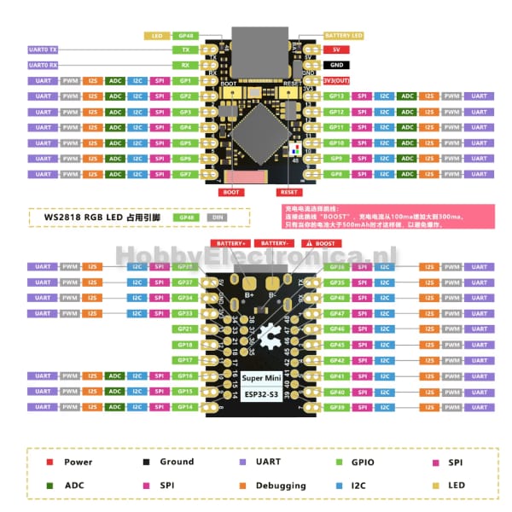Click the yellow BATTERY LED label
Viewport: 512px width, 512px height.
pos(344,36)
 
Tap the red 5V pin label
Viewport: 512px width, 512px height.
pos(336,49)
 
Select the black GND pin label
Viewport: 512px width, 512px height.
pos(336,65)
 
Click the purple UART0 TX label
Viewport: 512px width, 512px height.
pos(43,50)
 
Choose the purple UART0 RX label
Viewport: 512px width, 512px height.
pos(43,65)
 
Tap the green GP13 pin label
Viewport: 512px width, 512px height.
pos(336,96)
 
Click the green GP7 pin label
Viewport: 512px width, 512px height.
pos(185,174)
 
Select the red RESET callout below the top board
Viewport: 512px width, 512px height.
pos(289,193)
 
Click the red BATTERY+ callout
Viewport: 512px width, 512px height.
pos(230,243)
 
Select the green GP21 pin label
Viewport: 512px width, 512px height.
pos(185,329)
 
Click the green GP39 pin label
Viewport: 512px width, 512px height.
pos(336,407)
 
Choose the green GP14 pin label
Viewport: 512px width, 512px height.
pos(185,407)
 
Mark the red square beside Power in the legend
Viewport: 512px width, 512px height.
pos(50,463)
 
